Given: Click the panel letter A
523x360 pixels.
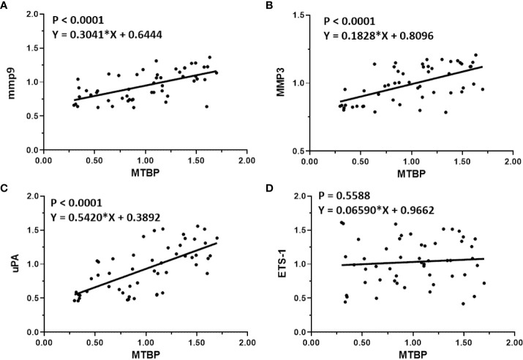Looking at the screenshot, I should click(5, 5).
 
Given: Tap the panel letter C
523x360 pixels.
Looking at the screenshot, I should click(5, 188).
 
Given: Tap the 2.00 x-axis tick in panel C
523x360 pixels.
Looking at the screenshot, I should click(247, 342).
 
